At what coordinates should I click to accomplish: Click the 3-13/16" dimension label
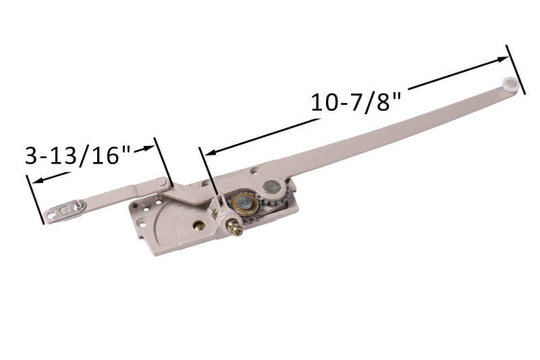coord(78,155)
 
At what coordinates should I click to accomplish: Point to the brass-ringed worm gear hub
coord(240,202)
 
